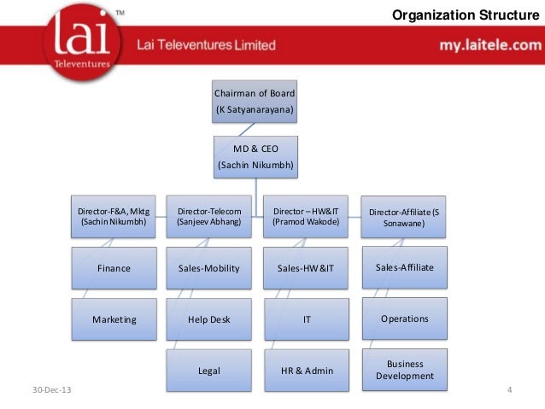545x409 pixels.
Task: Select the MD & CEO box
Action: (255, 156)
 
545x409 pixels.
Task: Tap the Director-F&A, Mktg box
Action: (113, 217)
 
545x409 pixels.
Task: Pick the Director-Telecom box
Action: (209, 217)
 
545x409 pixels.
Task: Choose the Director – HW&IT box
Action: (306, 217)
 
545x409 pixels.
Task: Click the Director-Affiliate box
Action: (404, 217)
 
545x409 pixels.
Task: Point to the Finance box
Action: (114, 268)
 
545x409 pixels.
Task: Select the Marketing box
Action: (114, 319)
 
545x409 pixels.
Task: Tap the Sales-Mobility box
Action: (209, 268)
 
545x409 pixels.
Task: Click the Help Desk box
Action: (209, 319)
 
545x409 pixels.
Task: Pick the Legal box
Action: (209, 371)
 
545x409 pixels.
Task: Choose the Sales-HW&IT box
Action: (306, 268)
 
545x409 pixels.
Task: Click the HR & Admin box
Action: (306, 371)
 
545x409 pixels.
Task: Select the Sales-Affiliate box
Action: (404, 267)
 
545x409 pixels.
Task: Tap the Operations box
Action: (404, 318)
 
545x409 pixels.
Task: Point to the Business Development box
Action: (404, 370)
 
